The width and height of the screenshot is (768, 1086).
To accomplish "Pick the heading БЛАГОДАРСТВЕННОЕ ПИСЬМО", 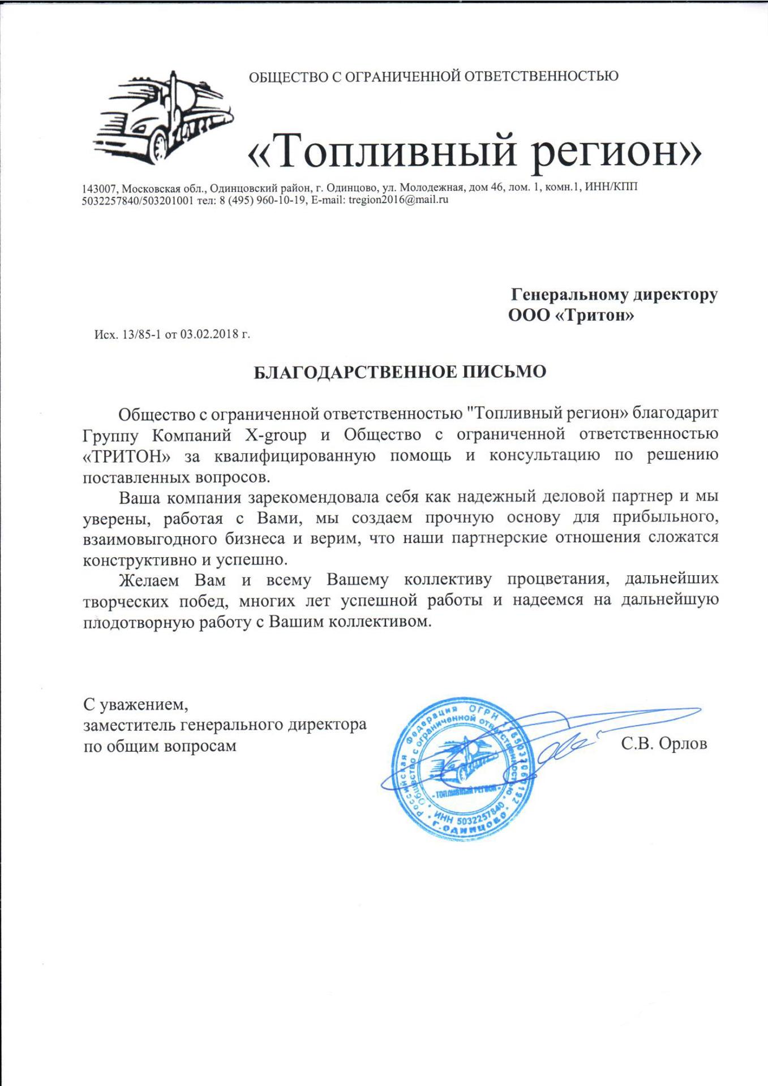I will [399, 372].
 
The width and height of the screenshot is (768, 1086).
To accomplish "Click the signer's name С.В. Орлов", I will [664, 744].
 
